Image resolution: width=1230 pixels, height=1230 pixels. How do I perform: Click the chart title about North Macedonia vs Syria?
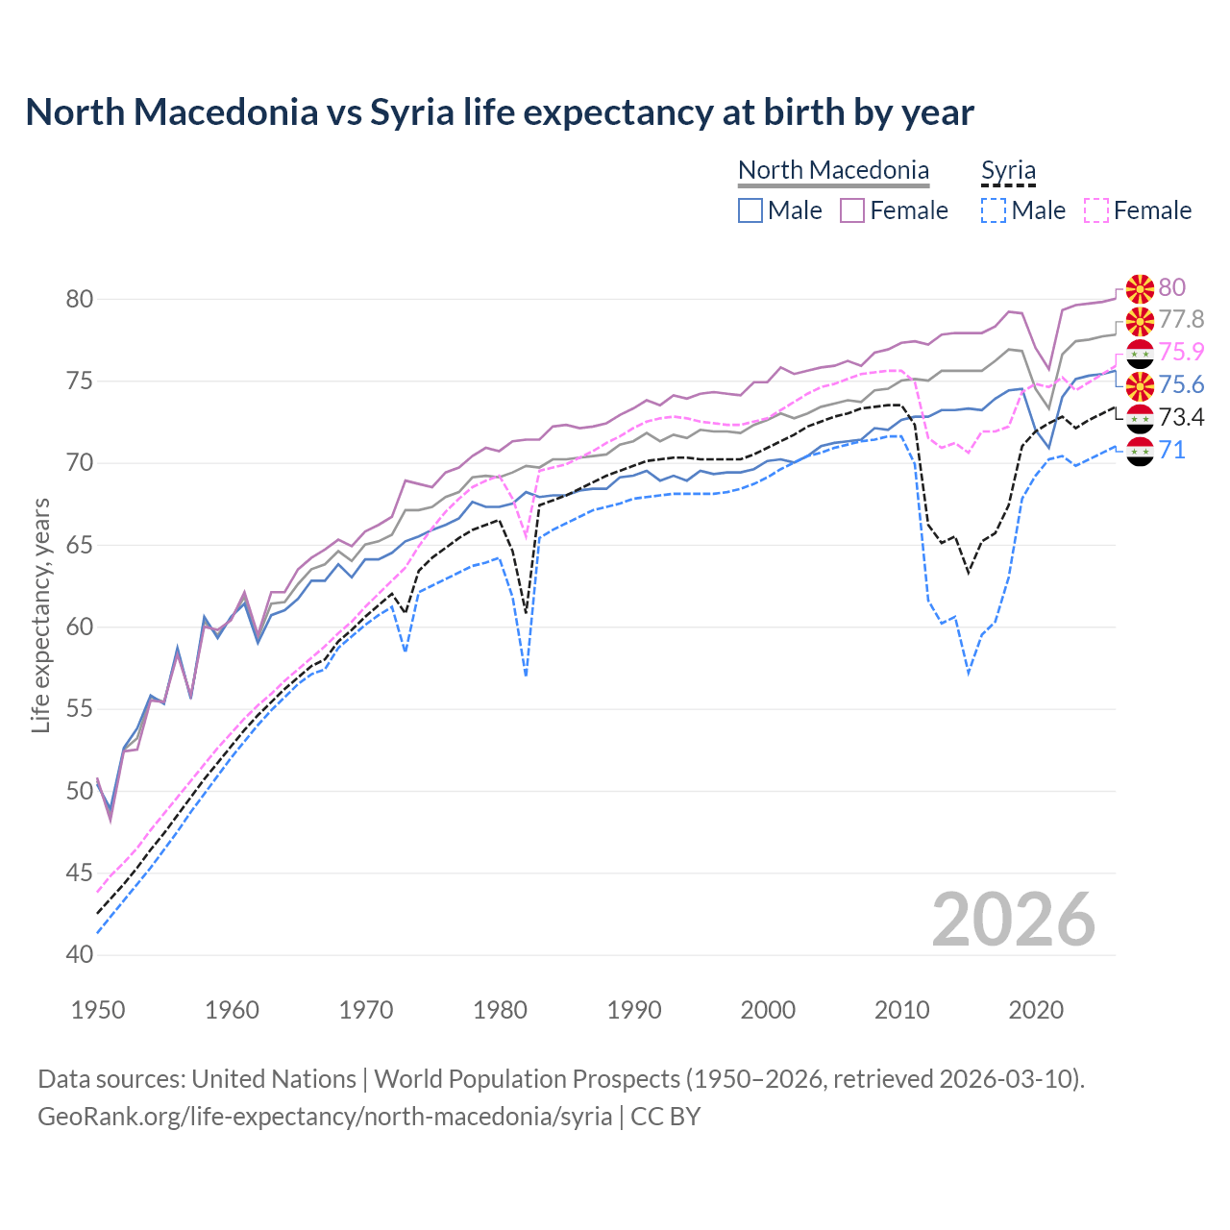pyautogui.click(x=500, y=112)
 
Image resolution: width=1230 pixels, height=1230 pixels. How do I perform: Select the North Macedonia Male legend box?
pyautogui.click(x=750, y=210)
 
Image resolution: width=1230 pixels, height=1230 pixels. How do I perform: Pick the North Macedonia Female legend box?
pyautogui.click(x=852, y=210)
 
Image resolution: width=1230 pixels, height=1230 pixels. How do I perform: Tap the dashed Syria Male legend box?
pyautogui.click(x=994, y=210)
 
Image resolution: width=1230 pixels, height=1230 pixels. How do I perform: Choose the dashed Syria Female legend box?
pyautogui.click(x=1096, y=210)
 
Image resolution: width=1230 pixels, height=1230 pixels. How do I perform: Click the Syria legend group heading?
pyautogui.click(x=1008, y=171)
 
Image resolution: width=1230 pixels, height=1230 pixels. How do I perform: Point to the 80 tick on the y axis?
pyautogui.click(x=80, y=299)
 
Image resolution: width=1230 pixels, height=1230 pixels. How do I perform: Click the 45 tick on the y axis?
pyautogui.click(x=80, y=873)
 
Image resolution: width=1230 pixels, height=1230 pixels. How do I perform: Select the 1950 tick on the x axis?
pyautogui.click(x=98, y=1010)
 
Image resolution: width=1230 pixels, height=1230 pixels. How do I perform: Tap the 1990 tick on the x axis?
pyautogui.click(x=634, y=1010)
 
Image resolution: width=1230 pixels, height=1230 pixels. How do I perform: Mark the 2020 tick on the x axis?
pyautogui.click(x=1036, y=1010)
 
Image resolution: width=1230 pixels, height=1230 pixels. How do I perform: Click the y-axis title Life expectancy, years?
pyautogui.click(x=41, y=615)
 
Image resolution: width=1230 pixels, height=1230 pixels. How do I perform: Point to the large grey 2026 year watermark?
pyautogui.click(x=1014, y=920)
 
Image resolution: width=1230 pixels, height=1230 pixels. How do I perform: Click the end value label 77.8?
pyautogui.click(x=1181, y=319)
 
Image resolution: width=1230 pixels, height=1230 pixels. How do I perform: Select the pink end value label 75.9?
pyautogui.click(x=1181, y=352)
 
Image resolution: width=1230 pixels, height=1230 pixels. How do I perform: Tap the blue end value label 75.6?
pyautogui.click(x=1181, y=384)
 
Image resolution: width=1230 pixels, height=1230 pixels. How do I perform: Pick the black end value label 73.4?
pyautogui.click(x=1181, y=417)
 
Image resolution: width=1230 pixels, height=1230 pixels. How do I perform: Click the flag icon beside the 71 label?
pyautogui.click(x=1140, y=450)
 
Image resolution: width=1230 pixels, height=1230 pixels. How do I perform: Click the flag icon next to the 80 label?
pyautogui.click(x=1140, y=287)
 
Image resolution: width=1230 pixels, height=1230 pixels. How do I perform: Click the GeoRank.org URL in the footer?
pyautogui.click(x=325, y=1117)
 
